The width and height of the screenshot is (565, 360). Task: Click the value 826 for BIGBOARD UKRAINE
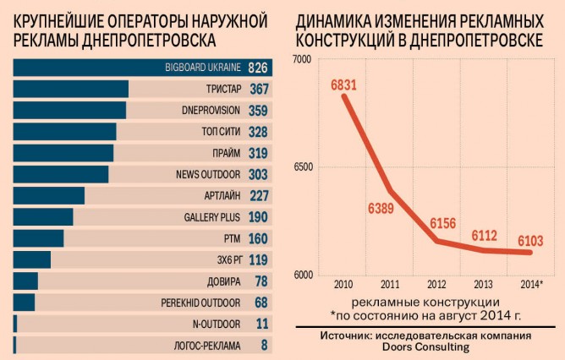[x=258, y=67]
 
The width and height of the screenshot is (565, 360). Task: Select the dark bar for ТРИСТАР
[x=70, y=89]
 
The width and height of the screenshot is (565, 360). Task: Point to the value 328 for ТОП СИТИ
[x=258, y=131]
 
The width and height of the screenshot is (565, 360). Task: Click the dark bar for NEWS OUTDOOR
[x=61, y=174]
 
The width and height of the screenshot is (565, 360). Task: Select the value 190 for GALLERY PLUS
[x=258, y=217]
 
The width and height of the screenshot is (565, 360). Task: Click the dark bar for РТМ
[x=39, y=238]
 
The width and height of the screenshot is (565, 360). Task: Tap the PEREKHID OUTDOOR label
[x=201, y=303]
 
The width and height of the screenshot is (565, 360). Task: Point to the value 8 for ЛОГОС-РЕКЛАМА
[x=264, y=346]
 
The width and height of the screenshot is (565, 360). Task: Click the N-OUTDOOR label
[x=217, y=324]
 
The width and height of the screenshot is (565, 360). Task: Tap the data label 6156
[x=442, y=223]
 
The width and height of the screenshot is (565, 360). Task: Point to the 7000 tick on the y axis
[x=302, y=59]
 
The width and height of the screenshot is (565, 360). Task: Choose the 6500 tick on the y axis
[x=302, y=167]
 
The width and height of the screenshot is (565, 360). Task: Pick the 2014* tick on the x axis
[x=529, y=283]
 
